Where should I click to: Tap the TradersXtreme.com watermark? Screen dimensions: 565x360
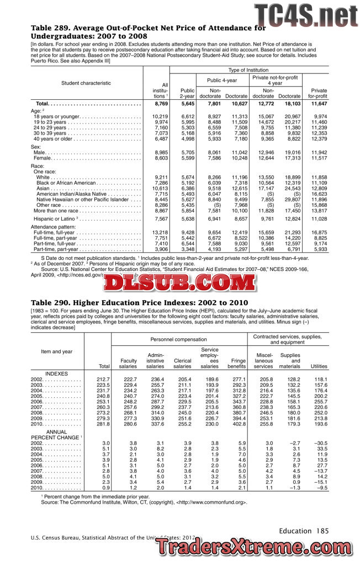pos(256,547)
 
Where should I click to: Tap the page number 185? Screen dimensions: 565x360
pos(322,531)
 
